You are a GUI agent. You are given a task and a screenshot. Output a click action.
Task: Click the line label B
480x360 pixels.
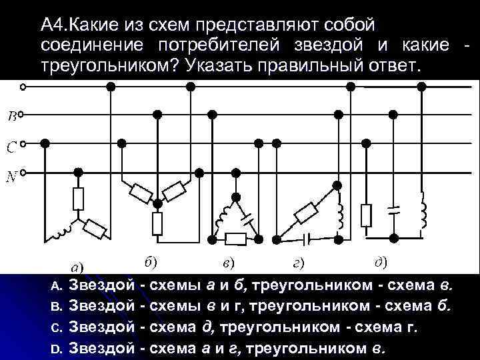pyautogui.click(x=12, y=117)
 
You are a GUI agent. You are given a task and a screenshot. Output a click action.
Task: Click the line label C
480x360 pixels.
pyautogui.click(x=12, y=147)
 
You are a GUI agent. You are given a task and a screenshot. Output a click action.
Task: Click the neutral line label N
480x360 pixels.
pyautogui.click(x=12, y=177)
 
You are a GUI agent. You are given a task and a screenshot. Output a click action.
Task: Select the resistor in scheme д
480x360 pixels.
pyautogui.click(x=365, y=215)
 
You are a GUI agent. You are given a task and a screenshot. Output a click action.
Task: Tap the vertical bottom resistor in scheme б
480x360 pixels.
pyautogui.click(x=157, y=223)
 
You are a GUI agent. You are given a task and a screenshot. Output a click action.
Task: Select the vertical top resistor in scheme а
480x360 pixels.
pyautogui.click(x=78, y=198)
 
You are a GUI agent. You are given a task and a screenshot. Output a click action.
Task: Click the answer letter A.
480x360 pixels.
pyautogui.click(x=57, y=287)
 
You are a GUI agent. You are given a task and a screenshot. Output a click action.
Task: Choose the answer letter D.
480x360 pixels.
pyautogui.click(x=57, y=348)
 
